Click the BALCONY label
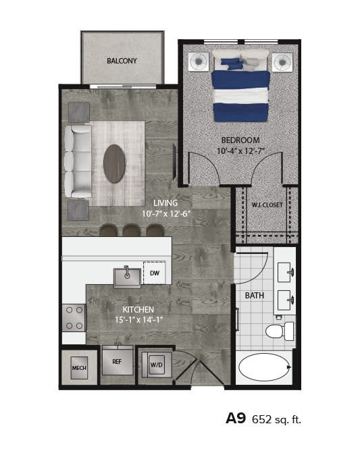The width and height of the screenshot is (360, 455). pyautogui.click(x=122, y=61)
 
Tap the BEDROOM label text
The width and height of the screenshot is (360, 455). pyautogui.click(x=240, y=140)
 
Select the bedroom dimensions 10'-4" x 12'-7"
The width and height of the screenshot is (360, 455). pyautogui.click(x=240, y=151)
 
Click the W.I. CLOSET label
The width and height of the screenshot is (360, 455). pyautogui.click(x=267, y=205)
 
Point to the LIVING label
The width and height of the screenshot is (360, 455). pyautogui.click(x=165, y=203)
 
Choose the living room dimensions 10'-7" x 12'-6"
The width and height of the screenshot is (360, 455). pyautogui.click(x=166, y=213)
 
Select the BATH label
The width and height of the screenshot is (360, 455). pyautogui.click(x=255, y=295)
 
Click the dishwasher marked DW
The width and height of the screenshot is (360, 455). pyautogui.click(x=154, y=273)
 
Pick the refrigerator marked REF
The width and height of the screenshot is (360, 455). pyautogui.click(x=117, y=362)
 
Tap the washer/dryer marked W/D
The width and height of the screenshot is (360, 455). pyautogui.click(x=156, y=365)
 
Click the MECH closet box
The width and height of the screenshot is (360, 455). pyautogui.click(x=79, y=369)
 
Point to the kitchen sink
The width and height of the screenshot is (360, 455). pyautogui.click(x=127, y=277)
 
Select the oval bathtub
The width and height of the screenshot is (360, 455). pyautogui.click(x=264, y=368)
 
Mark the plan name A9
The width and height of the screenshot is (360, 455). pyautogui.click(x=236, y=418)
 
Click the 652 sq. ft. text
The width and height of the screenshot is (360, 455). pyautogui.click(x=276, y=419)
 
